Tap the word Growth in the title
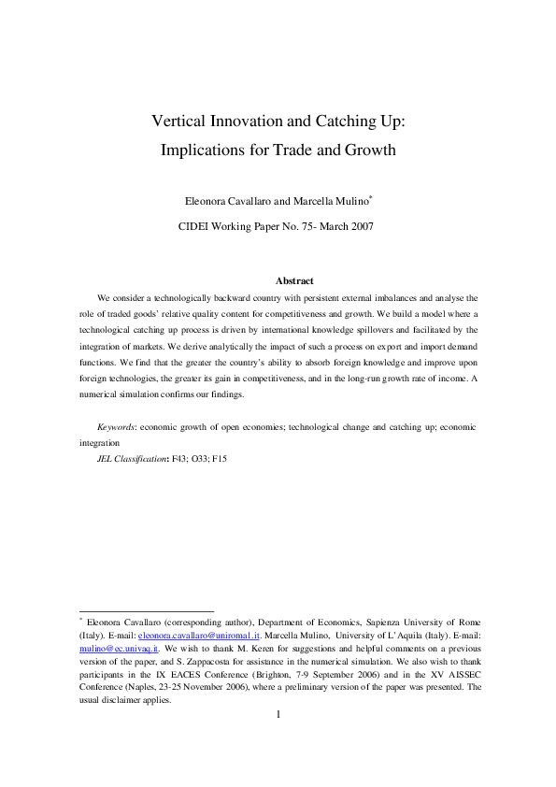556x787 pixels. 369,150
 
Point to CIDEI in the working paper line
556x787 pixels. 197,225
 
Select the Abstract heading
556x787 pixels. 294,280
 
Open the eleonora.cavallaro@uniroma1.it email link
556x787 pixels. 199,634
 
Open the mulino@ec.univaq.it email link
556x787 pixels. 119,647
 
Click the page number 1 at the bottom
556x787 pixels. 278,715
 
